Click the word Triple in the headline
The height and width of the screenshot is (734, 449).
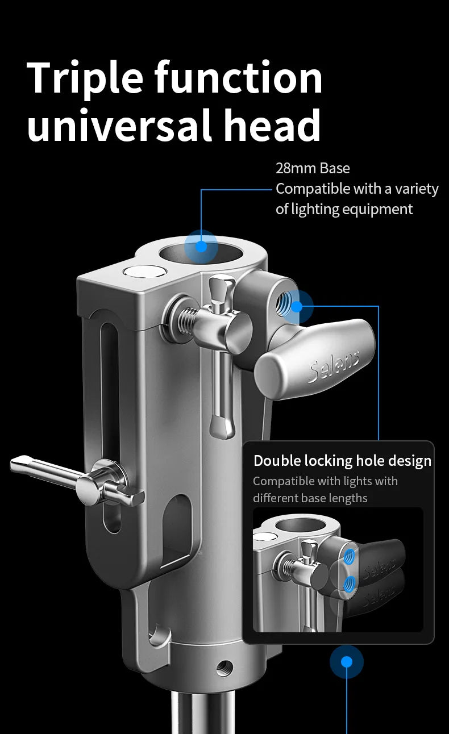pos(85,79)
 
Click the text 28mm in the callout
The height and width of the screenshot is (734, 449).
pos(296,168)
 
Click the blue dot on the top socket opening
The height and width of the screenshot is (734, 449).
pos(201,246)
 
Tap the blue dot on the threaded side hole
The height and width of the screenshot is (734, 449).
pos(297,307)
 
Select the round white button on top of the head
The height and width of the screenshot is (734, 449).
pos(144,272)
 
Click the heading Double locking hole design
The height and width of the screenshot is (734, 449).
pos(343,461)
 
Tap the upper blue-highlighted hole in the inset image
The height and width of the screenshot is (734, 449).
pos(350,556)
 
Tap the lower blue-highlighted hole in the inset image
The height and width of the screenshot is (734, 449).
pos(350,583)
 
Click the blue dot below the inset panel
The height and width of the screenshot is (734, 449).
pos(347,662)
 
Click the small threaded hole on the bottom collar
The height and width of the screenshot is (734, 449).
pos(224,667)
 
